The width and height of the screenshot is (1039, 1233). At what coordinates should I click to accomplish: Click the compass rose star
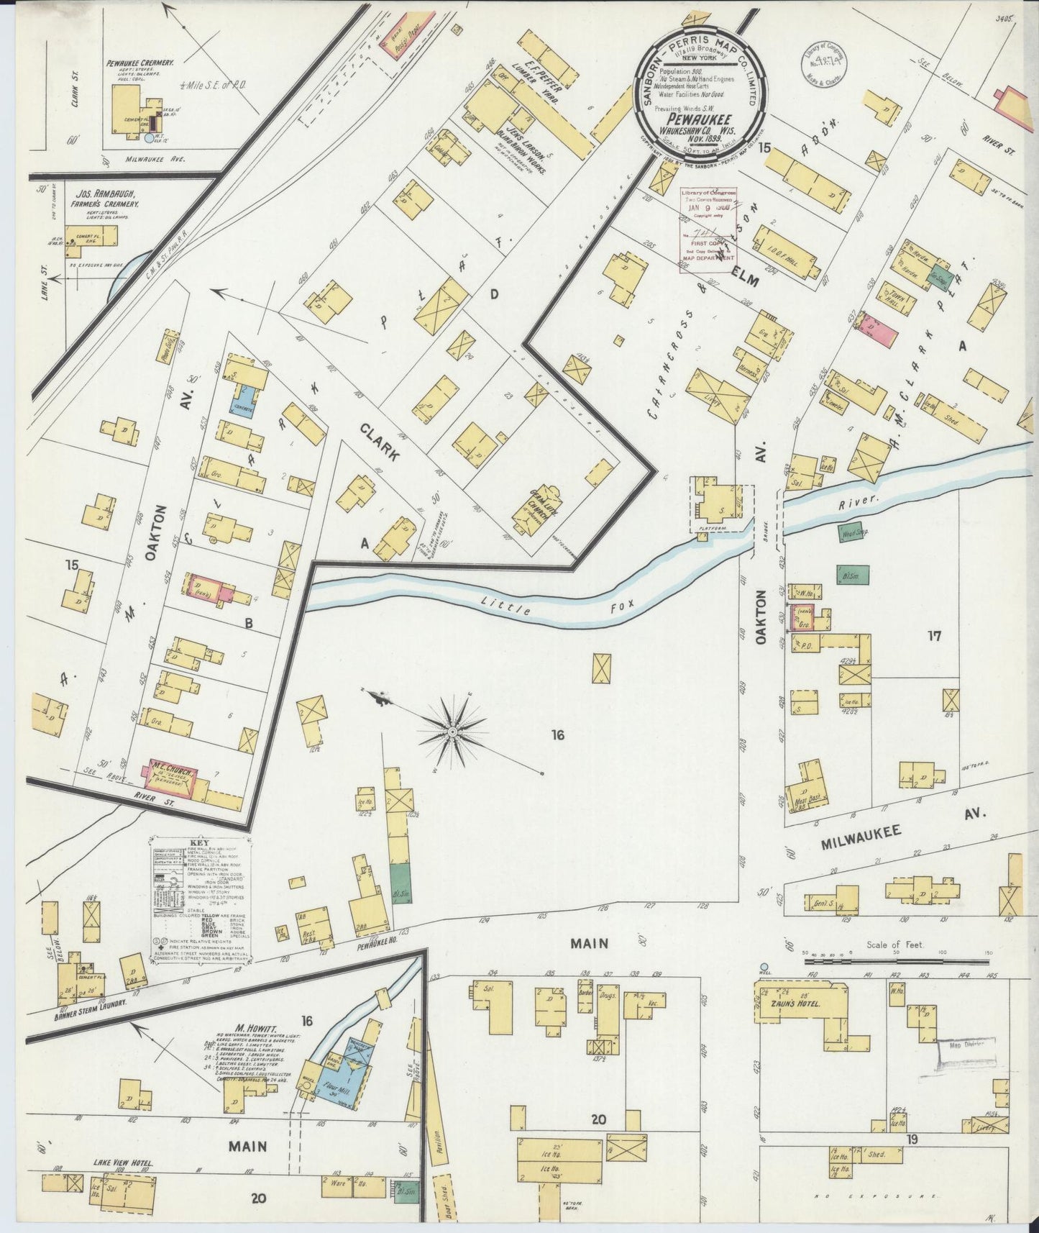[x=453, y=732]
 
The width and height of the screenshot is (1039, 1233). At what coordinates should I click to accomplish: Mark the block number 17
[x=933, y=636]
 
